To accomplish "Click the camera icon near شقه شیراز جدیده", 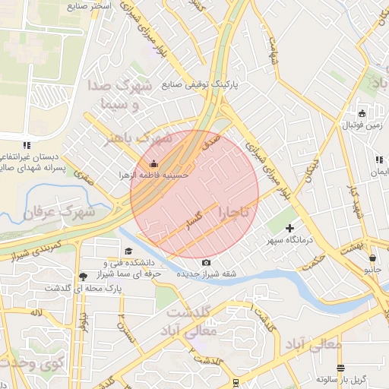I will tap(206, 263).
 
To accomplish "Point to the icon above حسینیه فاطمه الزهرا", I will tap(154, 163).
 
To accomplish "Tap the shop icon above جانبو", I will tap(372, 258).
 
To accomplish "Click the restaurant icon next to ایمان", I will tap(378, 160).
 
